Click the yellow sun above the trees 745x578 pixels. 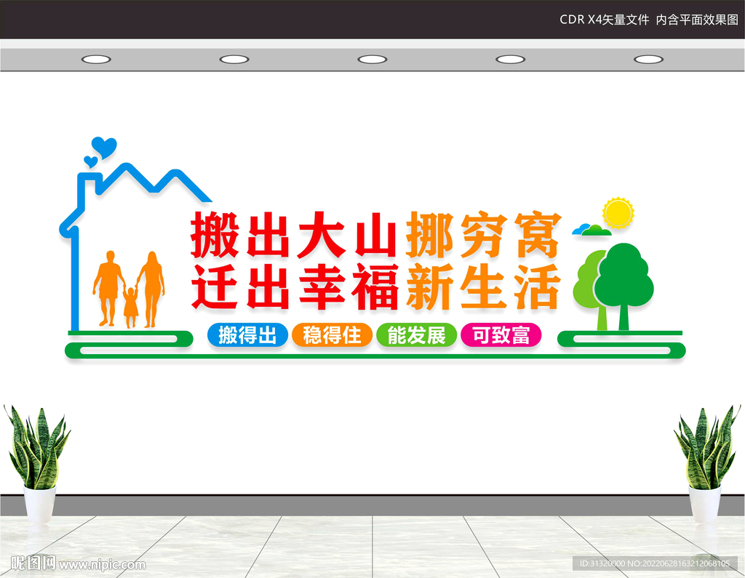[618, 212]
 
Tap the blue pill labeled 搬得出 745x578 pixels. [247, 335]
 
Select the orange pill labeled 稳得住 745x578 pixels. [332, 335]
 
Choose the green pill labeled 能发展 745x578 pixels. [416, 335]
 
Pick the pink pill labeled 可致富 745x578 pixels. [501, 335]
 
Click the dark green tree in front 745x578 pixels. [623, 280]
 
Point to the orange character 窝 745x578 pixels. [538, 235]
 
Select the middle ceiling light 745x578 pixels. [372, 59]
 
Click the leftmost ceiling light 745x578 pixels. [96, 59]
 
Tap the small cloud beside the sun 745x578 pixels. [591, 230]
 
